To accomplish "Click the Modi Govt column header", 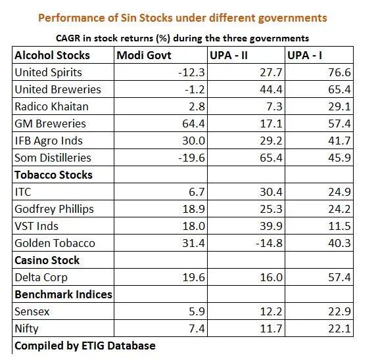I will pos(145,55).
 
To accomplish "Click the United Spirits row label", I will pos(48,72).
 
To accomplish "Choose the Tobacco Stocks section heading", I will pos(53,175).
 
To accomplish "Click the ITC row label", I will pos(23,192).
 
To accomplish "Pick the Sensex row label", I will pos(32,311).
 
